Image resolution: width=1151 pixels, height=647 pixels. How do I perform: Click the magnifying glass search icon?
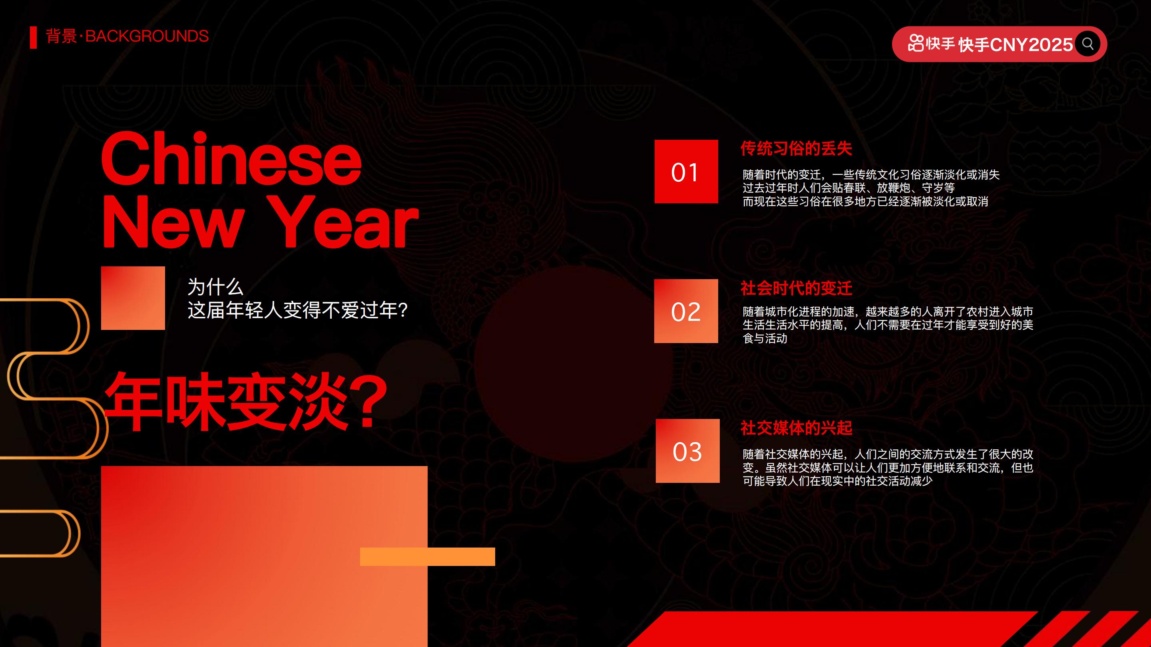tap(1087, 44)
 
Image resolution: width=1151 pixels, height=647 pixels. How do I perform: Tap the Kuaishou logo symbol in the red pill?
tap(916, 43)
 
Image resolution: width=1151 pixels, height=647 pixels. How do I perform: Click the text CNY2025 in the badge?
tap(1031, 45)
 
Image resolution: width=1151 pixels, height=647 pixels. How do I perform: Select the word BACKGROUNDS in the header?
tap(147, 36)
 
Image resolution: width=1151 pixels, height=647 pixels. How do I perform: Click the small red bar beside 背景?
tap(33, 38)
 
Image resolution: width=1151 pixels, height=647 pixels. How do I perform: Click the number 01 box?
tap(686, 171)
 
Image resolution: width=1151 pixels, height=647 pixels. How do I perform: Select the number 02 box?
tap(686, 311)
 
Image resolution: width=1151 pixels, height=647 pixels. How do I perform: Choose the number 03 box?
tap(687, 451)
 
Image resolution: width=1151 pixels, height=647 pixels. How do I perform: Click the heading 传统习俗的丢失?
tap(796, 149)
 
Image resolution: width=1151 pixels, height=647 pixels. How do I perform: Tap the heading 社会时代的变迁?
tap(796, 288)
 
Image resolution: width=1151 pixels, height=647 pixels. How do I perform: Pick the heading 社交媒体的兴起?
tap(796, 428)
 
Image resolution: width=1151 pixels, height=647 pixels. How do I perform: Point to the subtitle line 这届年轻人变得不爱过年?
tap(297, 310)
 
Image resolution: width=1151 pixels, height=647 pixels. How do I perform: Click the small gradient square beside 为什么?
tap(133, 298)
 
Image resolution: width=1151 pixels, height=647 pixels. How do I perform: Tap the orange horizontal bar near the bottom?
tap(427, 556)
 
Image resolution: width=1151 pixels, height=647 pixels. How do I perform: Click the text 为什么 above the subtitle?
tap(215, 287)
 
